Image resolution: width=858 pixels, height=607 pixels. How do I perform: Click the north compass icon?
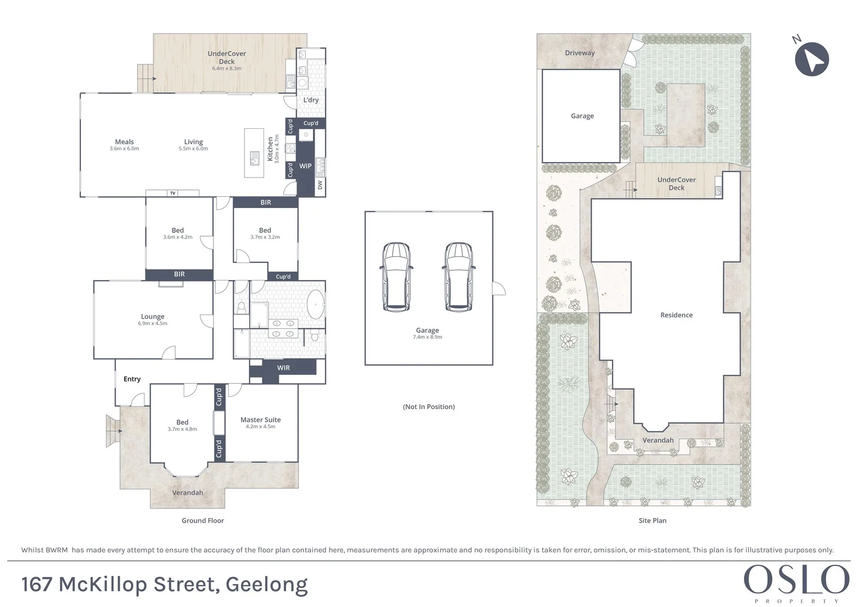point(812,59)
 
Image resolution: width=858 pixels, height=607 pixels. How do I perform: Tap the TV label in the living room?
point(173,193)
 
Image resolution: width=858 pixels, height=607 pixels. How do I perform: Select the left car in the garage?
point(396,277)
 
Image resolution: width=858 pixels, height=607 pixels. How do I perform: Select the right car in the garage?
point(458,277)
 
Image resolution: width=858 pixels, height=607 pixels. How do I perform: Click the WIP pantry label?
point(305,166)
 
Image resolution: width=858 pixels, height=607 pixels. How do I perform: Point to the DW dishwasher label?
point(320,184)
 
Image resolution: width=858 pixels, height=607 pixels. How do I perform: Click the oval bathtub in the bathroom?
point(316,304)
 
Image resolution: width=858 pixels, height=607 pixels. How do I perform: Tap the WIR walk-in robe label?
point(283,368)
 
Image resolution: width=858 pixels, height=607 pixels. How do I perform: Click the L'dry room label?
point(311,100)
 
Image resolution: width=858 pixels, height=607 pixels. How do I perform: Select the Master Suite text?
point(260,420)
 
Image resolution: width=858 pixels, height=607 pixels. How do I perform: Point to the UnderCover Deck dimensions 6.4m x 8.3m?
point(226,69)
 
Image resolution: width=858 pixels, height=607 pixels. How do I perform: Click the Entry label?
point(132,379)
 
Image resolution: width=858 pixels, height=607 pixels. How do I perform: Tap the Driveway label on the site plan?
point(579,53)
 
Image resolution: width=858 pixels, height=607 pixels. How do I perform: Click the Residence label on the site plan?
point(676,315)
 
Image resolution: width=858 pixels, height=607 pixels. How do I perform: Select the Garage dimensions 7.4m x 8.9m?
point(427,337)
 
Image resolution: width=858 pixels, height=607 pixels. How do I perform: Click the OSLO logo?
point(796,580)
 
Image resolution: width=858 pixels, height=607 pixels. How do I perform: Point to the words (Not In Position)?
point(429,407)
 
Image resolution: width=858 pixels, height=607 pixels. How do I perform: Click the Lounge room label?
point(152,316)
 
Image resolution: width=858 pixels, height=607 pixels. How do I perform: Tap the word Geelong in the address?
point(266,585)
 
